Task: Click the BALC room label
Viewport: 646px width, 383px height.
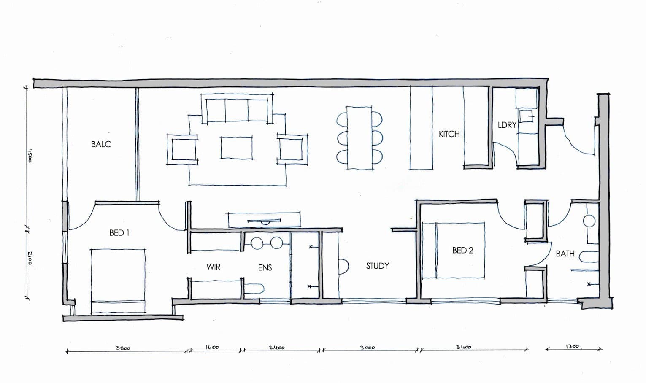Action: click(x=101, y=144)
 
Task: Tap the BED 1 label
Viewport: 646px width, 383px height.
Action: click(x=119, y=233)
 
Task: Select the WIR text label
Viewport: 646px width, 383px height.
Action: click(x=214, y=267)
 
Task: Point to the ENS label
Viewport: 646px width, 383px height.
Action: click(x=265, y=268)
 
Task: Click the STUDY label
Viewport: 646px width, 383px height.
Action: click(x=378, y=266)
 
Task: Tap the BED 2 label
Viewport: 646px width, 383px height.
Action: click(x=462, y=250)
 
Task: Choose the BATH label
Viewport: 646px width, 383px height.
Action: click(x=565, y=254)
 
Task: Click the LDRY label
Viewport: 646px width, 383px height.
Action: click(x=507, y=125)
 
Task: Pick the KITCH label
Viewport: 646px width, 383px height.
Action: click(x=449, y=134)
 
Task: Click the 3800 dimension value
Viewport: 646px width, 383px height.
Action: click(x=123, y=348)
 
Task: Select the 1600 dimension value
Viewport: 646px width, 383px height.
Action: click(x=212, y=348)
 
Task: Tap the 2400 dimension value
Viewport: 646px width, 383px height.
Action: click(x=277, y=348)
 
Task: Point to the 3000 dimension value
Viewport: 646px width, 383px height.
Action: click(x=368, y=348)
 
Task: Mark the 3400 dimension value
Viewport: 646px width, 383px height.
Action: click(x=463, y=347)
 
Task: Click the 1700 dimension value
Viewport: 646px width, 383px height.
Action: click(x=572, y=346)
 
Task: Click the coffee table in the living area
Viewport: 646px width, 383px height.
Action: click(x=236, y=148)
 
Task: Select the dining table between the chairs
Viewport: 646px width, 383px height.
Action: click(x=359, y=138)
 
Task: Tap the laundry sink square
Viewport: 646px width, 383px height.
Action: click(x=527, y=116)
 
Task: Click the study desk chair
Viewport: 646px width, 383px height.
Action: click(x=344, y=267)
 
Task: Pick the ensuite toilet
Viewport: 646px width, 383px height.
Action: click(x=254, y=289)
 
